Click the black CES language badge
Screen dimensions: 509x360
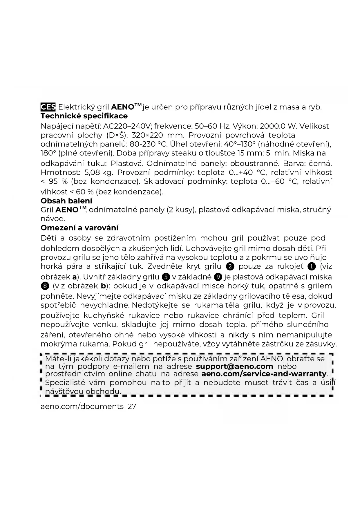(x=48, y=107)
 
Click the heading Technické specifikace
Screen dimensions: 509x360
(x=84, y=116)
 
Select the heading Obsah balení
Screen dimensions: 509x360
(x=66, y=201)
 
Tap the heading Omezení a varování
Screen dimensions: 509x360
(x=79, y=228)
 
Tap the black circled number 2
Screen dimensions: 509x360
(x=230, y=266)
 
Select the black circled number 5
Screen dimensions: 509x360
(x=166, y=277)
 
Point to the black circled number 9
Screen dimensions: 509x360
(x=218, y=277)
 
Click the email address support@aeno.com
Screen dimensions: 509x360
(x=234, y=367)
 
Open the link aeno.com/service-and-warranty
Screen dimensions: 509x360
(x=264, y=374)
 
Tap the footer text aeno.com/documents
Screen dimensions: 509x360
(x=82, y=406)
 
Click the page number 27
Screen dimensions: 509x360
(x=132, y=406)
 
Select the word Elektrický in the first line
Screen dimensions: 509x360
(x=76, y=107)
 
